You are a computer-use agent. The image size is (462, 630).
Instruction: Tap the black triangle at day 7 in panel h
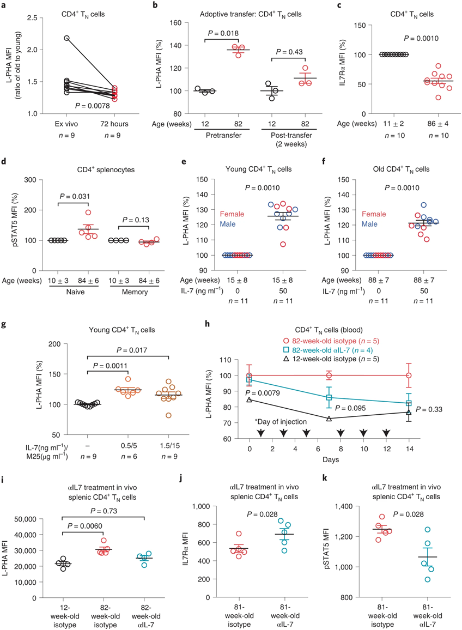click(328, 419)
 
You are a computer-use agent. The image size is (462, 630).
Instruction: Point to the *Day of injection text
click(282, 422)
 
